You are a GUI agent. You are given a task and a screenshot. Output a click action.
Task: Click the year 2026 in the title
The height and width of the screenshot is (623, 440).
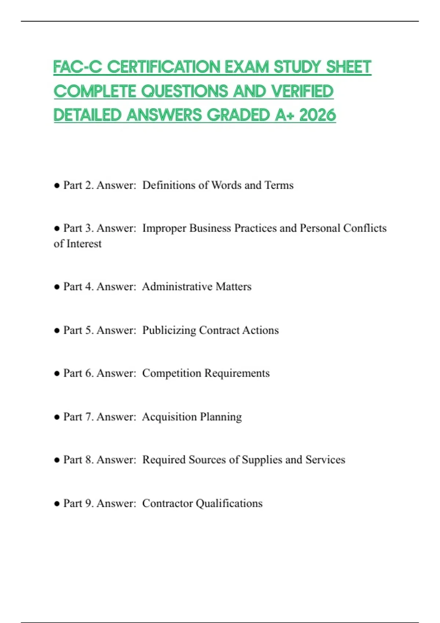[x=318, y=115]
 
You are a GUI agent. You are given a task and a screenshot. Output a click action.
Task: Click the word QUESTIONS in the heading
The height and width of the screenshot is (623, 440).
[x=185, y=91]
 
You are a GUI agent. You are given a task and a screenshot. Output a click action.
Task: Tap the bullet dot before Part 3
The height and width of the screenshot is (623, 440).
[x=57, y=228]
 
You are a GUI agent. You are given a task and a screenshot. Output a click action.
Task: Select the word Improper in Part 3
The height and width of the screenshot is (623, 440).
[x=164, y=228]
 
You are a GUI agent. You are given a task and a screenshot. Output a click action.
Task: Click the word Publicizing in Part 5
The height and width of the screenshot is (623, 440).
[x=169, y=330]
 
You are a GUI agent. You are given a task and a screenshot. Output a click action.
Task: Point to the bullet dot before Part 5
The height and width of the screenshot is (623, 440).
[x=57, y=331]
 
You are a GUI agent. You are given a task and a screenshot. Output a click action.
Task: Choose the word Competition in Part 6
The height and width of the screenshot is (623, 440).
[x=172, y=373]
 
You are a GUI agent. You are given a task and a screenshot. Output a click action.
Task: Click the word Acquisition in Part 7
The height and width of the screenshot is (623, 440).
[x=169, y=417]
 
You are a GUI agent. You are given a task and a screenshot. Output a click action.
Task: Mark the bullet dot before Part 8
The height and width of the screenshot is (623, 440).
[x=57, y=460]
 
